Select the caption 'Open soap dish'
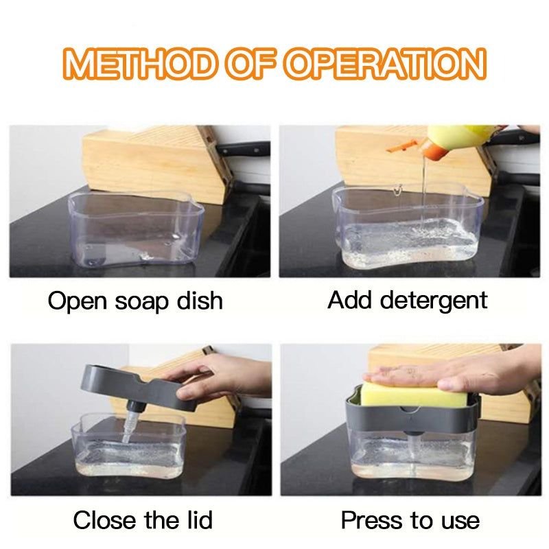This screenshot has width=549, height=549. [135, 301]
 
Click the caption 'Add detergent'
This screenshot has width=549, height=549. [408, 300]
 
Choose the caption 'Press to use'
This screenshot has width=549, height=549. [410, 519]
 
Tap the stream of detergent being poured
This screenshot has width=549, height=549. [423, 185]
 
